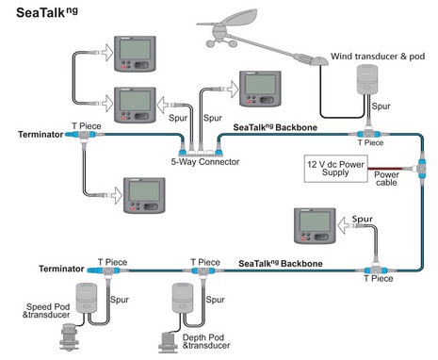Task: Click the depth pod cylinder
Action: coord(184,298)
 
